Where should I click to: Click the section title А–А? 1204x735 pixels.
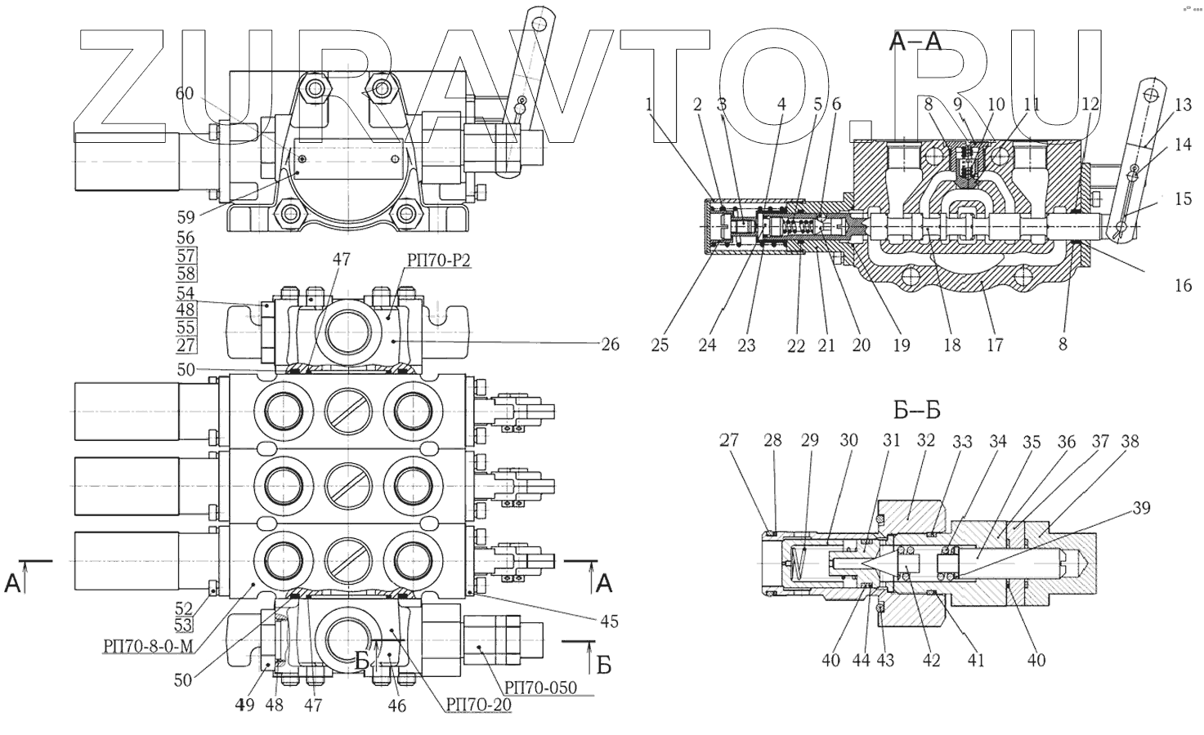pyautogui.click(x=915, y=43)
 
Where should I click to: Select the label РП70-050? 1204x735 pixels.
pyautogui.click(x=539, y=688)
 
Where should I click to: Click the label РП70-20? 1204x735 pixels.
pyautogui.click(x=478, y=704)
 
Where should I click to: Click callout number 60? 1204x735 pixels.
pyautogui.click(x=185, y=94)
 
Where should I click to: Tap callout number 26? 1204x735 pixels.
pyautogui.click(x=609, y=345)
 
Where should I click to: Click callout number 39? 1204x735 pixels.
pyautogui.click(x=1141, y=507)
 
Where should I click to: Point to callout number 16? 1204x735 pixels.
pyautogui.click(x=1183, y=285)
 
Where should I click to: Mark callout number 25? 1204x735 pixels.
pyautogui.click(x=660, y=345)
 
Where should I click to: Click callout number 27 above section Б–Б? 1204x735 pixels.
pyautogui.click(x=728, y=440)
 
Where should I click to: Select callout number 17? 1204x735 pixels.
pyautogui.click(x=994, y=345)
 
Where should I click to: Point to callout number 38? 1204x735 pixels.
pyautogui.click(x=1130, y=442)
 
